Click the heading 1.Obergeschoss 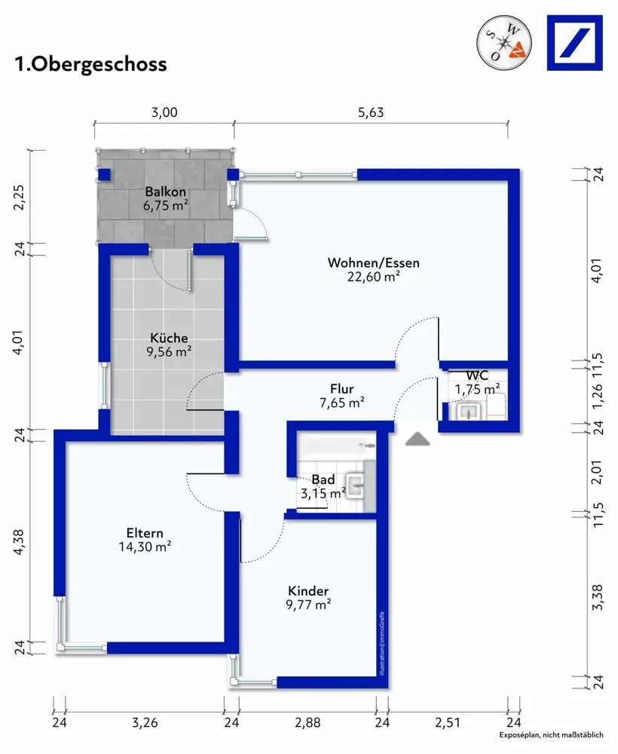coord(91,64)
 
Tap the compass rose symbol coord(504,42)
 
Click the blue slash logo coord(575,43)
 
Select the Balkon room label coord(165,192)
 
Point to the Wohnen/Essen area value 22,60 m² coord(373,277)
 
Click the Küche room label coord(169,338)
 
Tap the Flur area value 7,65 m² coord(341,403)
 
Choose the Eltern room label coord(145,533)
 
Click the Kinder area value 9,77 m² coord(308,605)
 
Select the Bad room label coord(323,480)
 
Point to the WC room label coord(477,375)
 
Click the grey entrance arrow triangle coord(418,439)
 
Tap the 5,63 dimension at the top coord(371,112)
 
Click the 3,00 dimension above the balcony coord(164,112)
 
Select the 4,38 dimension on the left coord(19,542)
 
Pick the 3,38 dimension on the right coord(597,597)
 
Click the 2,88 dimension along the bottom coord(307,722)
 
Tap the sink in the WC coord(468,412)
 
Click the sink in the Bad coord(356,485)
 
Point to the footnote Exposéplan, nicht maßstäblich coord(551,734)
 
